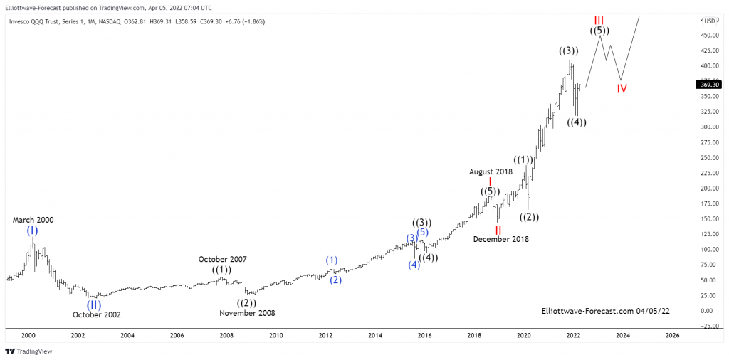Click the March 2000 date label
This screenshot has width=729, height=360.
[x=33, y=220]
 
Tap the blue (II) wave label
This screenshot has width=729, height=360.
[x=94, y=305]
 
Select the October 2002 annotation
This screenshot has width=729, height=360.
[x=97, y=314]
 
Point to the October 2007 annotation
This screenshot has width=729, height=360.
[x=222, y=259]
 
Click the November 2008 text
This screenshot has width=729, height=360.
[x=247, y=313]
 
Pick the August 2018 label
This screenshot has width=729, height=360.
[x=490, y=171]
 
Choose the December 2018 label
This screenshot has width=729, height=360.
[x=501, y=239]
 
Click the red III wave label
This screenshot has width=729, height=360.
[x=599, y=19]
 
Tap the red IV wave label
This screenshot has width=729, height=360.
[x=622, y=89]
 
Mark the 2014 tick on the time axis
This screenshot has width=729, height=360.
[x=375, y=335]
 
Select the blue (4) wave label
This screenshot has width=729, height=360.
[x=414, y=265]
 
